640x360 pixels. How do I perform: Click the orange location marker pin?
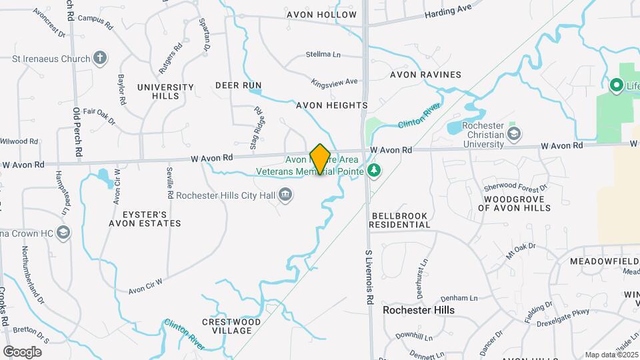(320, 159)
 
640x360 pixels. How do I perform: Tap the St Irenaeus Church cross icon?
(100, 58)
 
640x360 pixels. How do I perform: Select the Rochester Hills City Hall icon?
(285, 195)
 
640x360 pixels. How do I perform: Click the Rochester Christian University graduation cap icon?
(514, 134)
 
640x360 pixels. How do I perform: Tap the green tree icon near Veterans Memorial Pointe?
(374, 171)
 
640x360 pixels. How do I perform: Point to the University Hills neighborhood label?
(165, 91)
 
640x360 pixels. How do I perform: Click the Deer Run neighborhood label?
(238, 85)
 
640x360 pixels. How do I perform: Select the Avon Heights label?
(332, 105)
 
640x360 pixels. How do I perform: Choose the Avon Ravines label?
(425, 75)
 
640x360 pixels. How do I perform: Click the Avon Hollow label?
(322, 14)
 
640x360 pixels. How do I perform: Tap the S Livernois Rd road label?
(368, 279)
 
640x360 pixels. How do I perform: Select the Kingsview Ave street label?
(335, 82)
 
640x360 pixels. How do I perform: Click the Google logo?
(22, 351)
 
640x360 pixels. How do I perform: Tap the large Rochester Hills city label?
(419, 310)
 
